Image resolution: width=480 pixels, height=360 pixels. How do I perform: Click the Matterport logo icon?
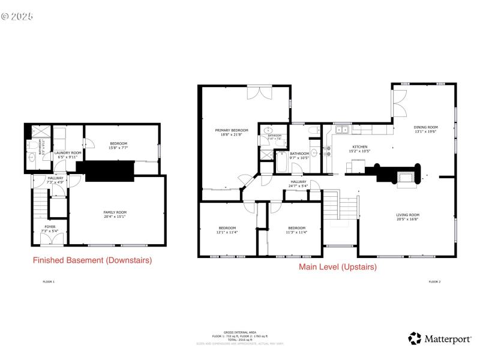415,338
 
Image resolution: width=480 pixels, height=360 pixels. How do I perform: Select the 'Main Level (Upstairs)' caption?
338,267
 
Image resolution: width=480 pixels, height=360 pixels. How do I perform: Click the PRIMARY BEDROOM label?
232,130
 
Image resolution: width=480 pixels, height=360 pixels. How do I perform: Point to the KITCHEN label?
359,147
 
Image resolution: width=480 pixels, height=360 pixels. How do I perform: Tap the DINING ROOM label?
425,127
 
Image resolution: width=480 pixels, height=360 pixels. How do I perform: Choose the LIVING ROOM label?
407,215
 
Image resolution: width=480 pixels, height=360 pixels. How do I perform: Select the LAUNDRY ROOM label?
67,153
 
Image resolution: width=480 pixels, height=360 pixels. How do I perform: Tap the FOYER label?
49,227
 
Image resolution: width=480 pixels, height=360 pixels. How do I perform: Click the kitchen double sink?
342,129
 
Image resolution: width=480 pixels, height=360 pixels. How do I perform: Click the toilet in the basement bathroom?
31,158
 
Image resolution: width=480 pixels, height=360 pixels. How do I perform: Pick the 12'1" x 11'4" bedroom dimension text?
227,232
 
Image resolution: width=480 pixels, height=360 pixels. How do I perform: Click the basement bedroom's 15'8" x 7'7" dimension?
118,147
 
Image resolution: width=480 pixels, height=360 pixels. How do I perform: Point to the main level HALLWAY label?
298,182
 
